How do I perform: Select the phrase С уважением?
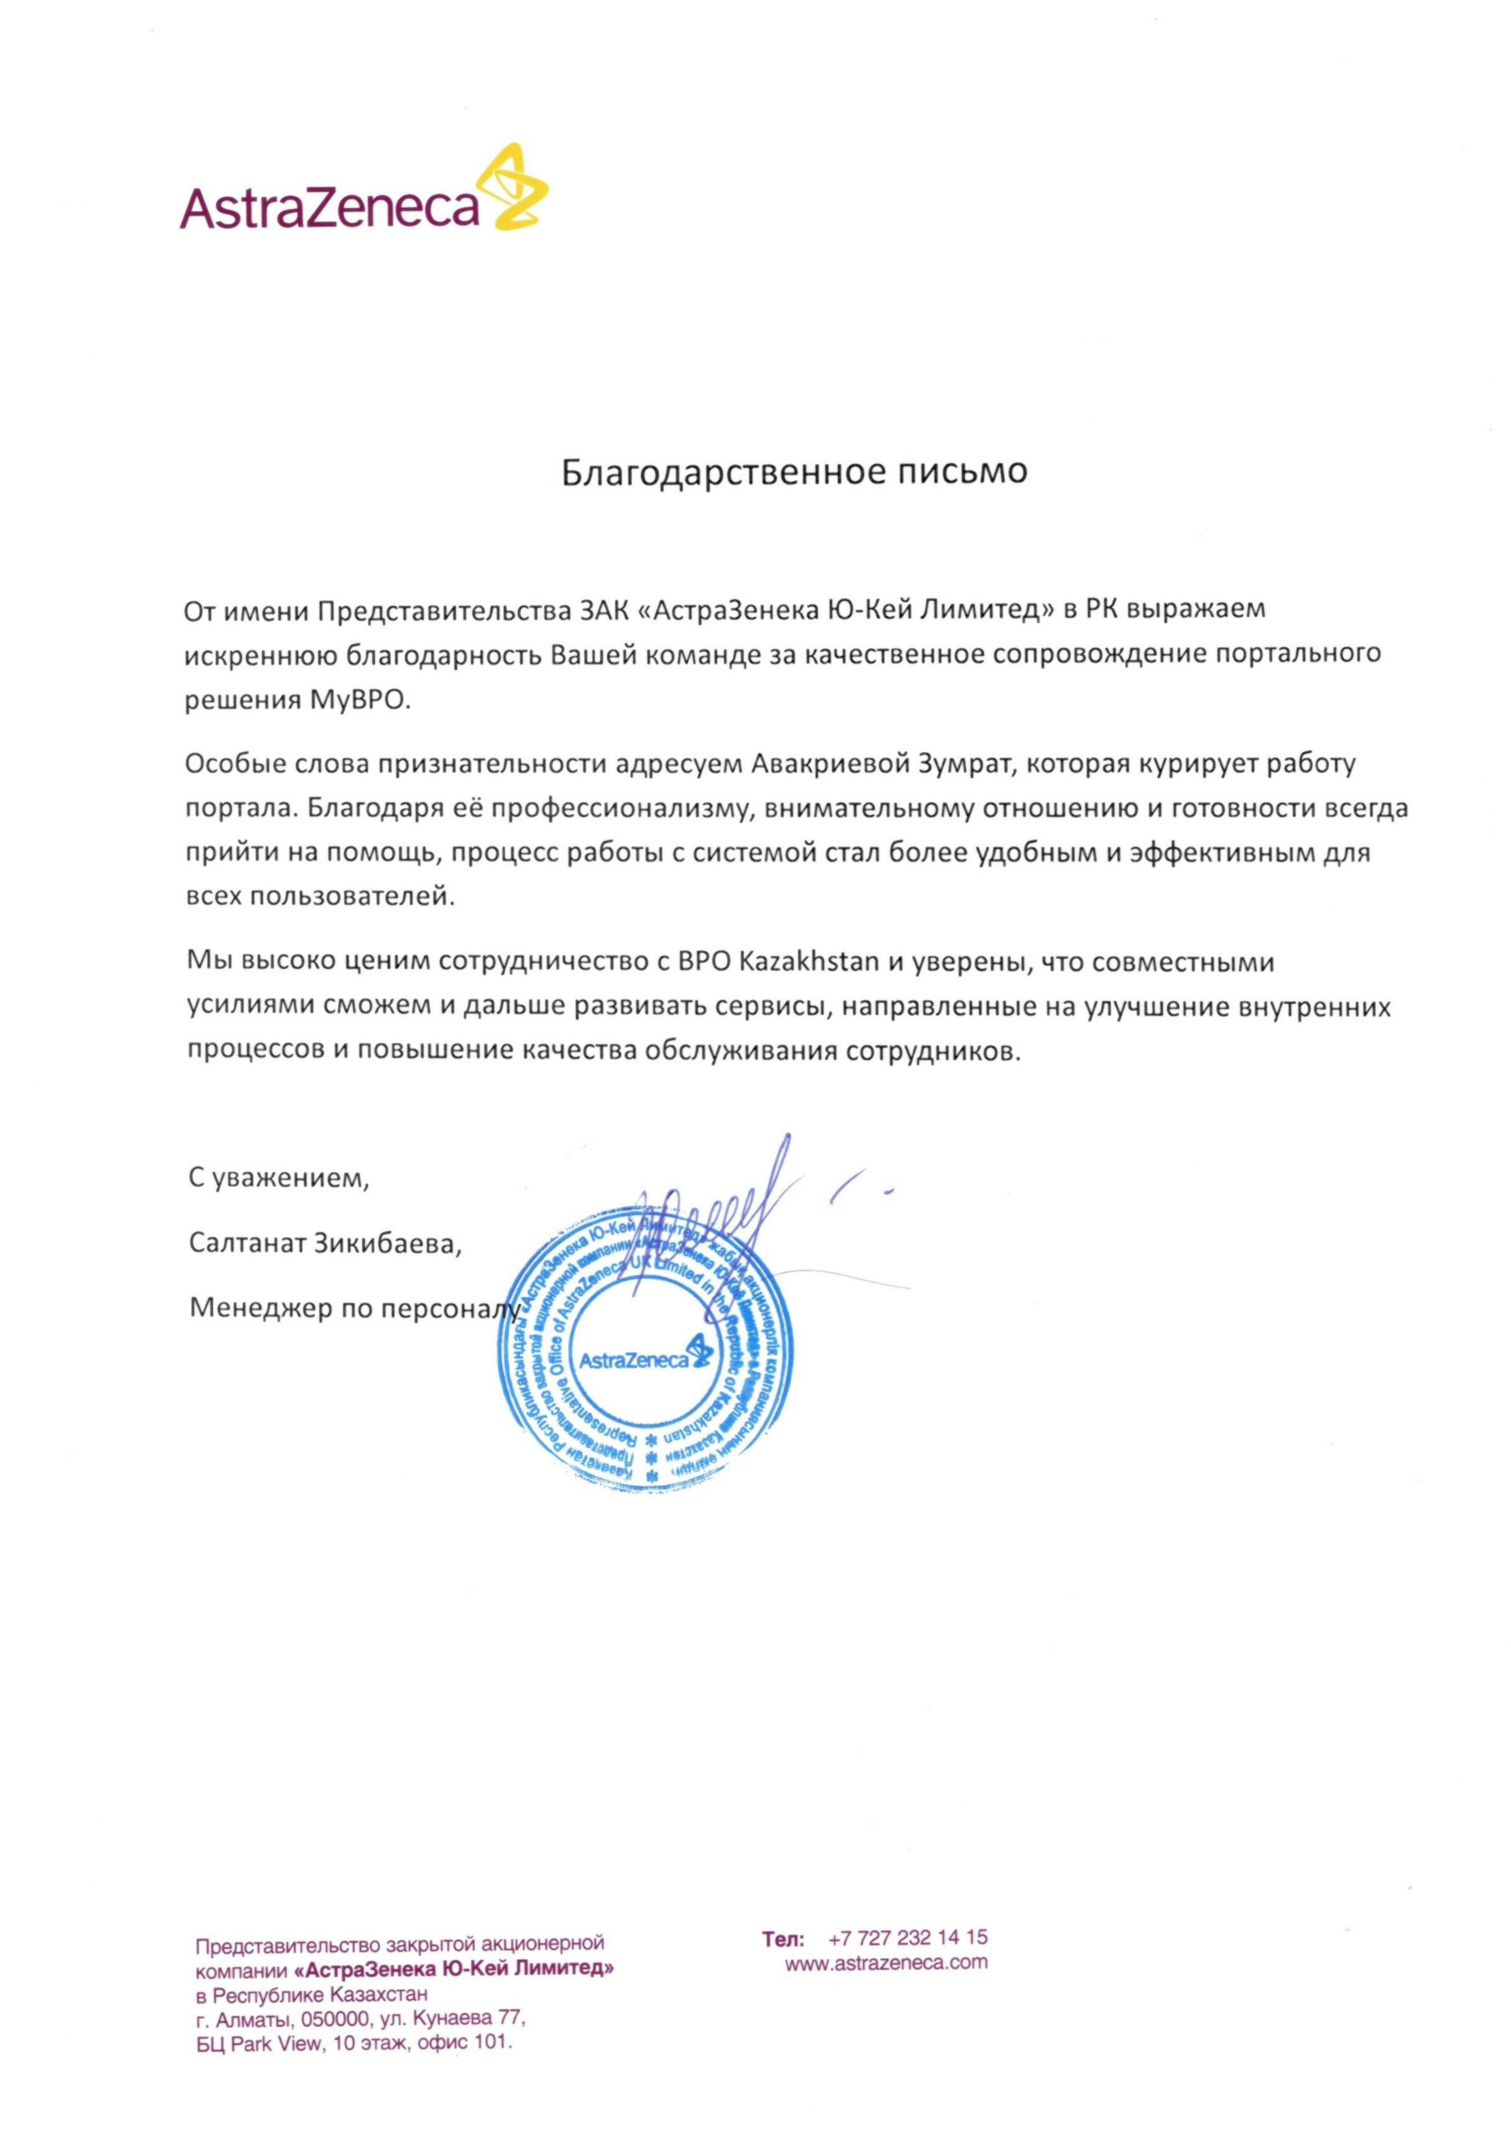pos(278,1179)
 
